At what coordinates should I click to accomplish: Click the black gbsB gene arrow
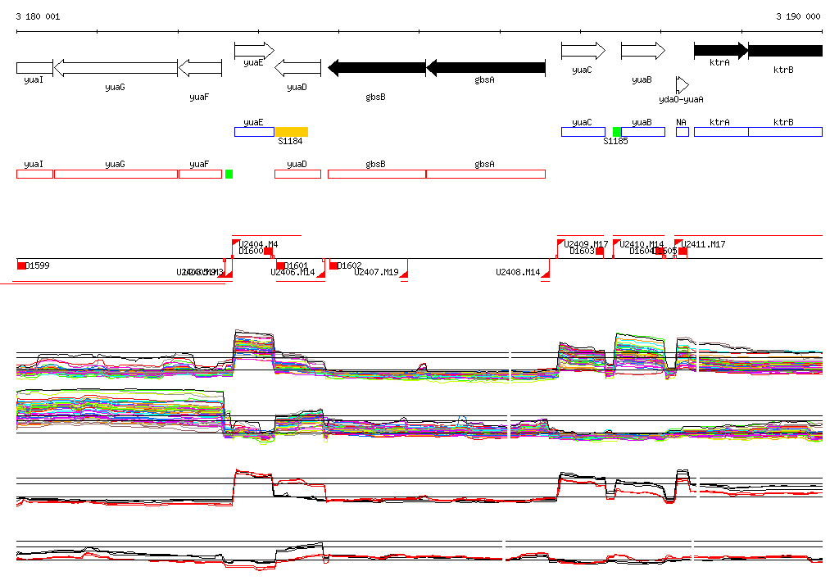(376, 67)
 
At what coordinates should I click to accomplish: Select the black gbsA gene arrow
(485, 67)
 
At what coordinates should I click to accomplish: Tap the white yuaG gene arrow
(115, 67)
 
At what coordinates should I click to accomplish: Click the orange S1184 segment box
(291, 132)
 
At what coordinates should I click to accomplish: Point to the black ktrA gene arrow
(720, 51)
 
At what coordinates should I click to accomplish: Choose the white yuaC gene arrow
(583, 51)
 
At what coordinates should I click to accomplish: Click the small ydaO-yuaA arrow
(682, 85)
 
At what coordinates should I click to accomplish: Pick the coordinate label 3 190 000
(798, 16)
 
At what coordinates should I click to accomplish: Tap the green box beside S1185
(617, 132)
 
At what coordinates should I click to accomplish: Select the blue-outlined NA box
(682, 132)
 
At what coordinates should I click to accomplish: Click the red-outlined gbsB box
(376, 174)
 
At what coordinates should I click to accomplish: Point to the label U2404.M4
(259, 244)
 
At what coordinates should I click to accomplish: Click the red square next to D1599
(21, 265)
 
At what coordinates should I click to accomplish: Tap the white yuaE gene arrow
(254, 51)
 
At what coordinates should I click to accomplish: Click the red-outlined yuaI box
(34, 174)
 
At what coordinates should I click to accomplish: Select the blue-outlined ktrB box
(784, 132)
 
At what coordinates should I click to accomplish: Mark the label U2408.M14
(518, 272)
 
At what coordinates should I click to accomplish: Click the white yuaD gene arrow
(297, 67)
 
